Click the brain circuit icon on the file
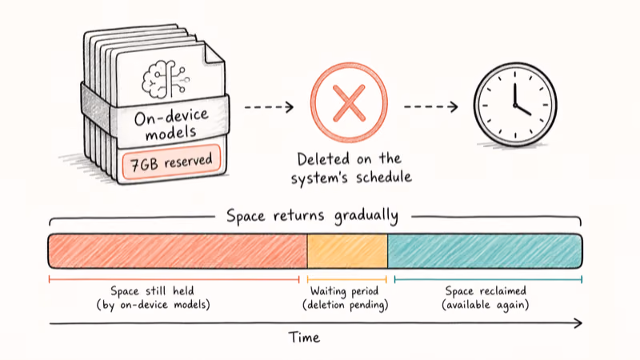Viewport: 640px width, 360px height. click(x=166, y=79)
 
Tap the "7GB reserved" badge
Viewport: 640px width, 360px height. click(x=171, y=162)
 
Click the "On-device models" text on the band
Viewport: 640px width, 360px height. click(x=171, y=124)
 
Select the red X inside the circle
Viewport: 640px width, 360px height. click(x=349, y=103)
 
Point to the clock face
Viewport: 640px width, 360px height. click(x=515, y=105)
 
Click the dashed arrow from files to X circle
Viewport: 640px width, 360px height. click(x=269, y=107)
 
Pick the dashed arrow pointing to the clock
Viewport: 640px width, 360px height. click(x=431, y=107)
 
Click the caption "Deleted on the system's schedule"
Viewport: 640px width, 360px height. click(x=351, y=168)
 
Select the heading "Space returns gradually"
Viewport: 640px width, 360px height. click(x=312, y=216)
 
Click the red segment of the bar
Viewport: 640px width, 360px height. click(x=178, y=251)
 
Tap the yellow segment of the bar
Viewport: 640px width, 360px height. click(x=347, y=251)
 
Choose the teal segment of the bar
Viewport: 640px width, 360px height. click(x=485, y=251)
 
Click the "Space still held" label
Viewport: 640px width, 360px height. click(x=152, y=290)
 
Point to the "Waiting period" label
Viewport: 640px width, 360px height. click(x=345, y=290)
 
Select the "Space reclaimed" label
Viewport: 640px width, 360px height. click(x=486, y=290)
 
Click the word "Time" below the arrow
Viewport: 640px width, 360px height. click(x=304, y=338)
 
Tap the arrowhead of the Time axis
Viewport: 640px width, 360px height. click(x=578, y=323)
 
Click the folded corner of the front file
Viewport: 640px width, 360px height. click(x=213, y=53)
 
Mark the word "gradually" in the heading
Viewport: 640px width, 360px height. click(x=366, y=216)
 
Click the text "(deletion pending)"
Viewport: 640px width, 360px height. click(x=346, y=305)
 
